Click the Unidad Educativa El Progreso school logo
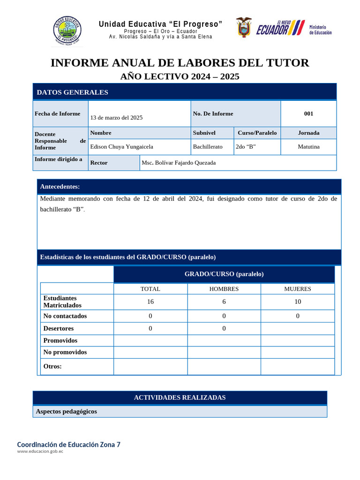(x=67, y=30)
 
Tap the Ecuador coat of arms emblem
(x=243, y=28)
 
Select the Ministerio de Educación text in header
(x=320, y=30)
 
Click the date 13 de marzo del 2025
(x=116, y=118)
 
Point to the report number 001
(x=308, y=113)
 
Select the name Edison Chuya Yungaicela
(x=121, y=147)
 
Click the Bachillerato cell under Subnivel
(x=208, y=147)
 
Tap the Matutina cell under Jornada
(x=308, y=147)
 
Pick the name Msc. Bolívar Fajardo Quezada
(x=179, y=163)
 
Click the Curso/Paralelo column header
(x=257, y=133)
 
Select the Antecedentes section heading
(x=60, y=187)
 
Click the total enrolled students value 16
(x=150, y=302)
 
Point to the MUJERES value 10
(x=298, y=302)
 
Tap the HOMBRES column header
(x=224, y=289)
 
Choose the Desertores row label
(x=59, y=329)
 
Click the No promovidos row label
(x=65, y=352)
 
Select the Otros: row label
(x=52, y=367)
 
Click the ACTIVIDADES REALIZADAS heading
(x=180, y=397)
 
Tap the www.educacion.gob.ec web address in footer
(x=40, y=451)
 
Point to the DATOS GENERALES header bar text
(x=72, y=92)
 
